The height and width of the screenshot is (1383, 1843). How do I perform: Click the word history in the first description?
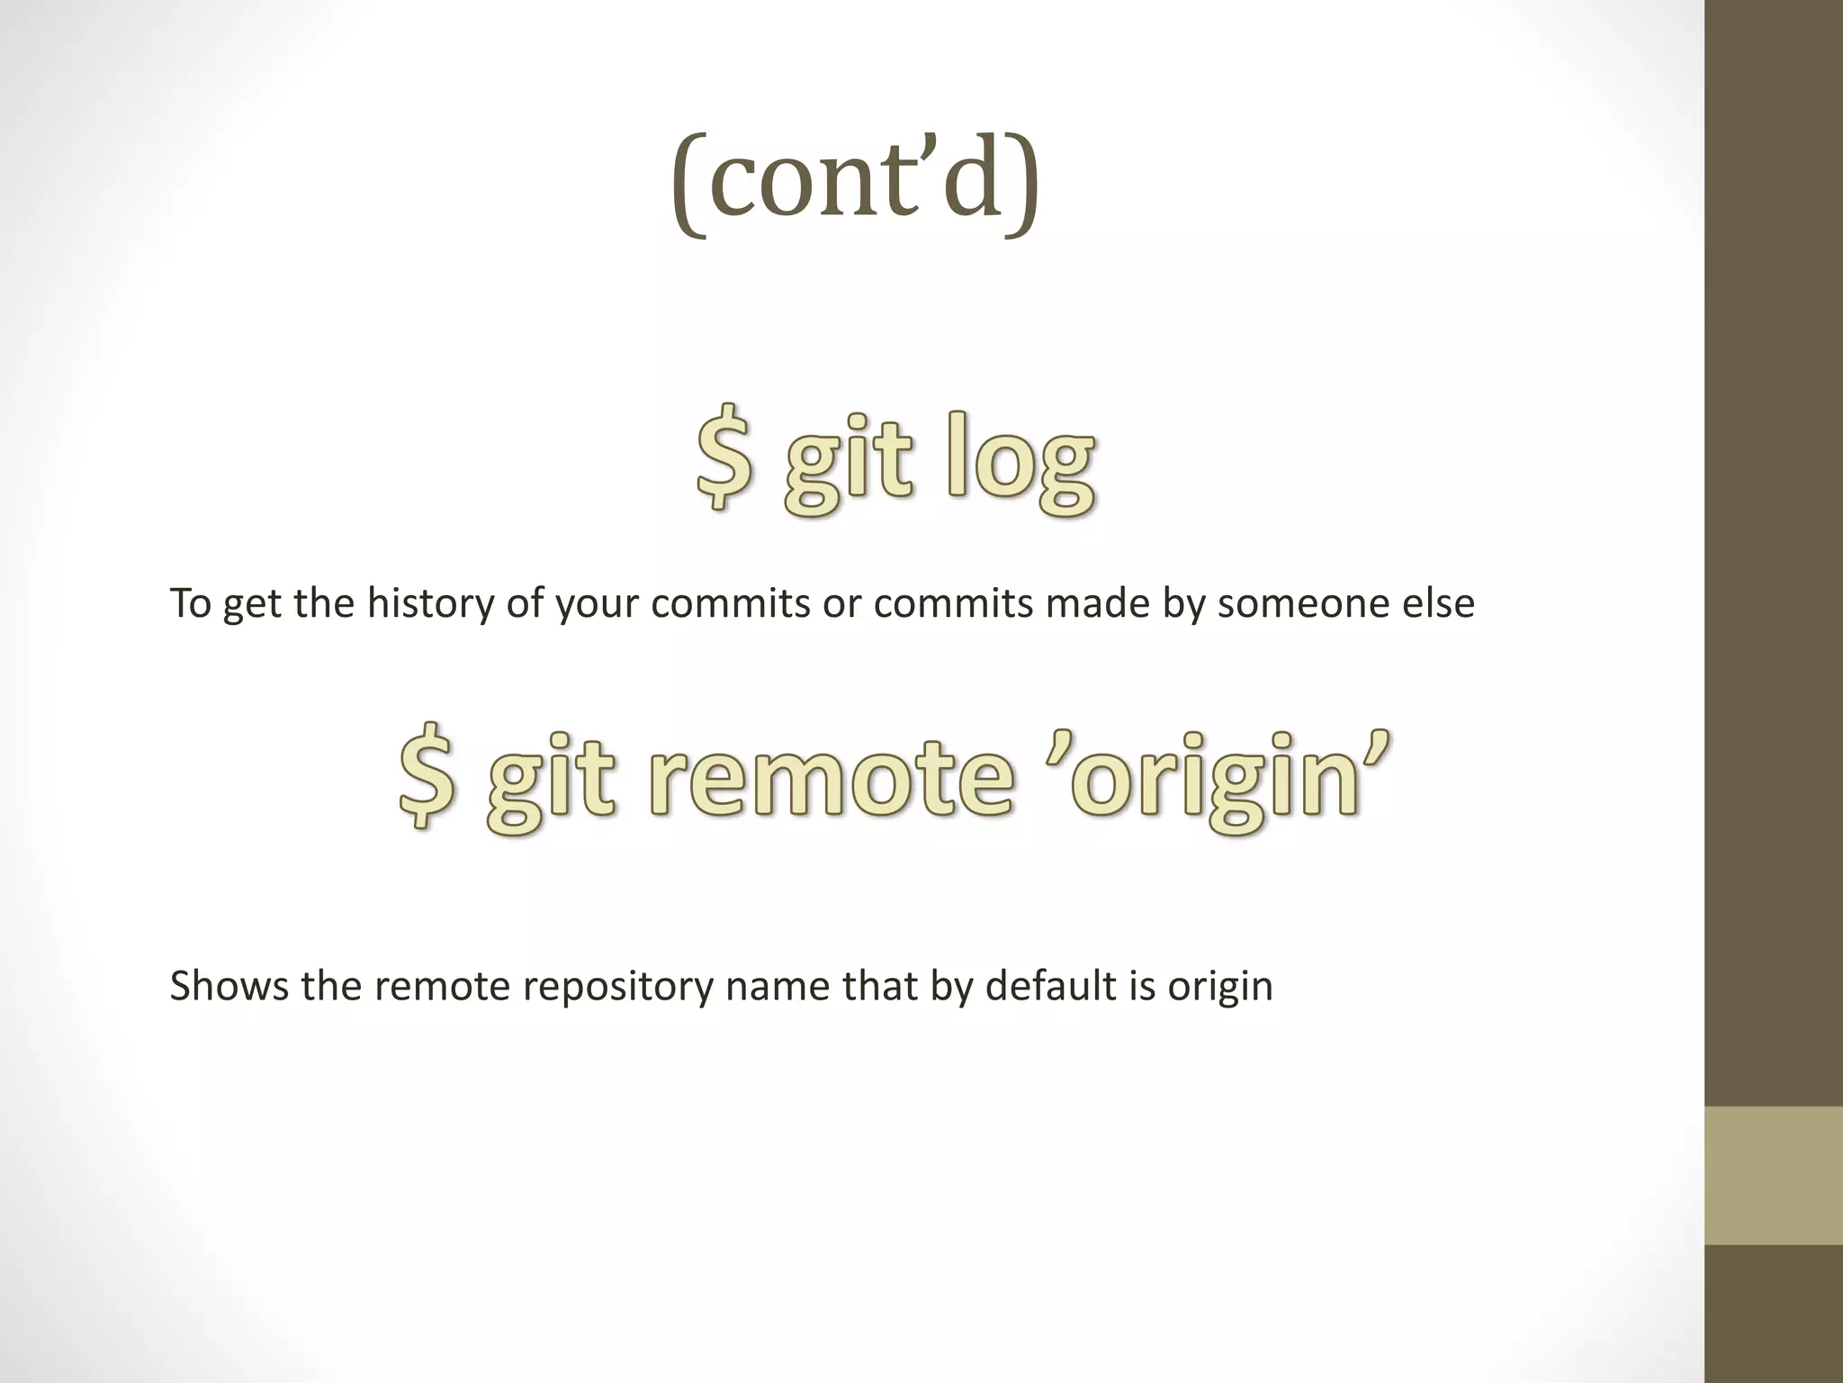(431, 603)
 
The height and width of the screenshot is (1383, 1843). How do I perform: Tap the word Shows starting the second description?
(229, 986)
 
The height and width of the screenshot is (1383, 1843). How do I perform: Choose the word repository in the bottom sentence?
(618, 986)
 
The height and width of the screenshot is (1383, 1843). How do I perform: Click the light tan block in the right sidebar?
(1773, 1175)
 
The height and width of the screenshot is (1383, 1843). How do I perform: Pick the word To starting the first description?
(190, 603)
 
